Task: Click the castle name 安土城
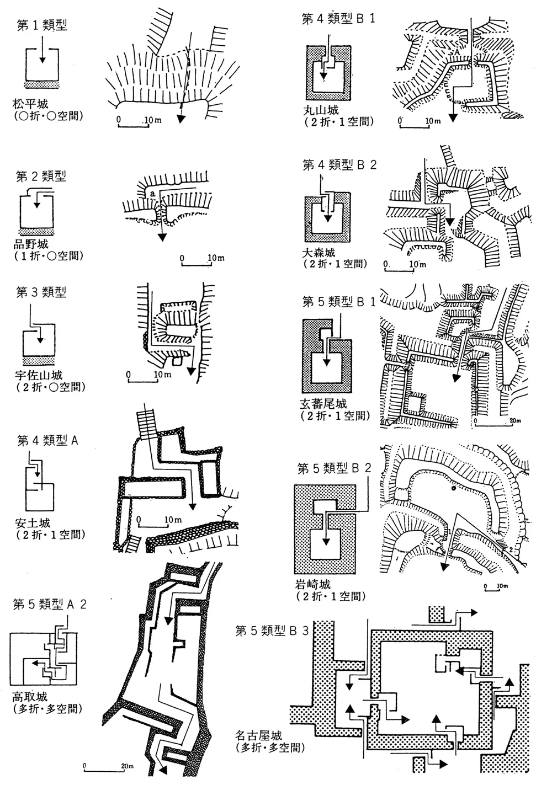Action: point(32,524)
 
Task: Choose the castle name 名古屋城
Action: point(258,736)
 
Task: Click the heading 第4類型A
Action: point(49,441)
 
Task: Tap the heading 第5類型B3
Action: point(272,631)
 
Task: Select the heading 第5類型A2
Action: point(49,605)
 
